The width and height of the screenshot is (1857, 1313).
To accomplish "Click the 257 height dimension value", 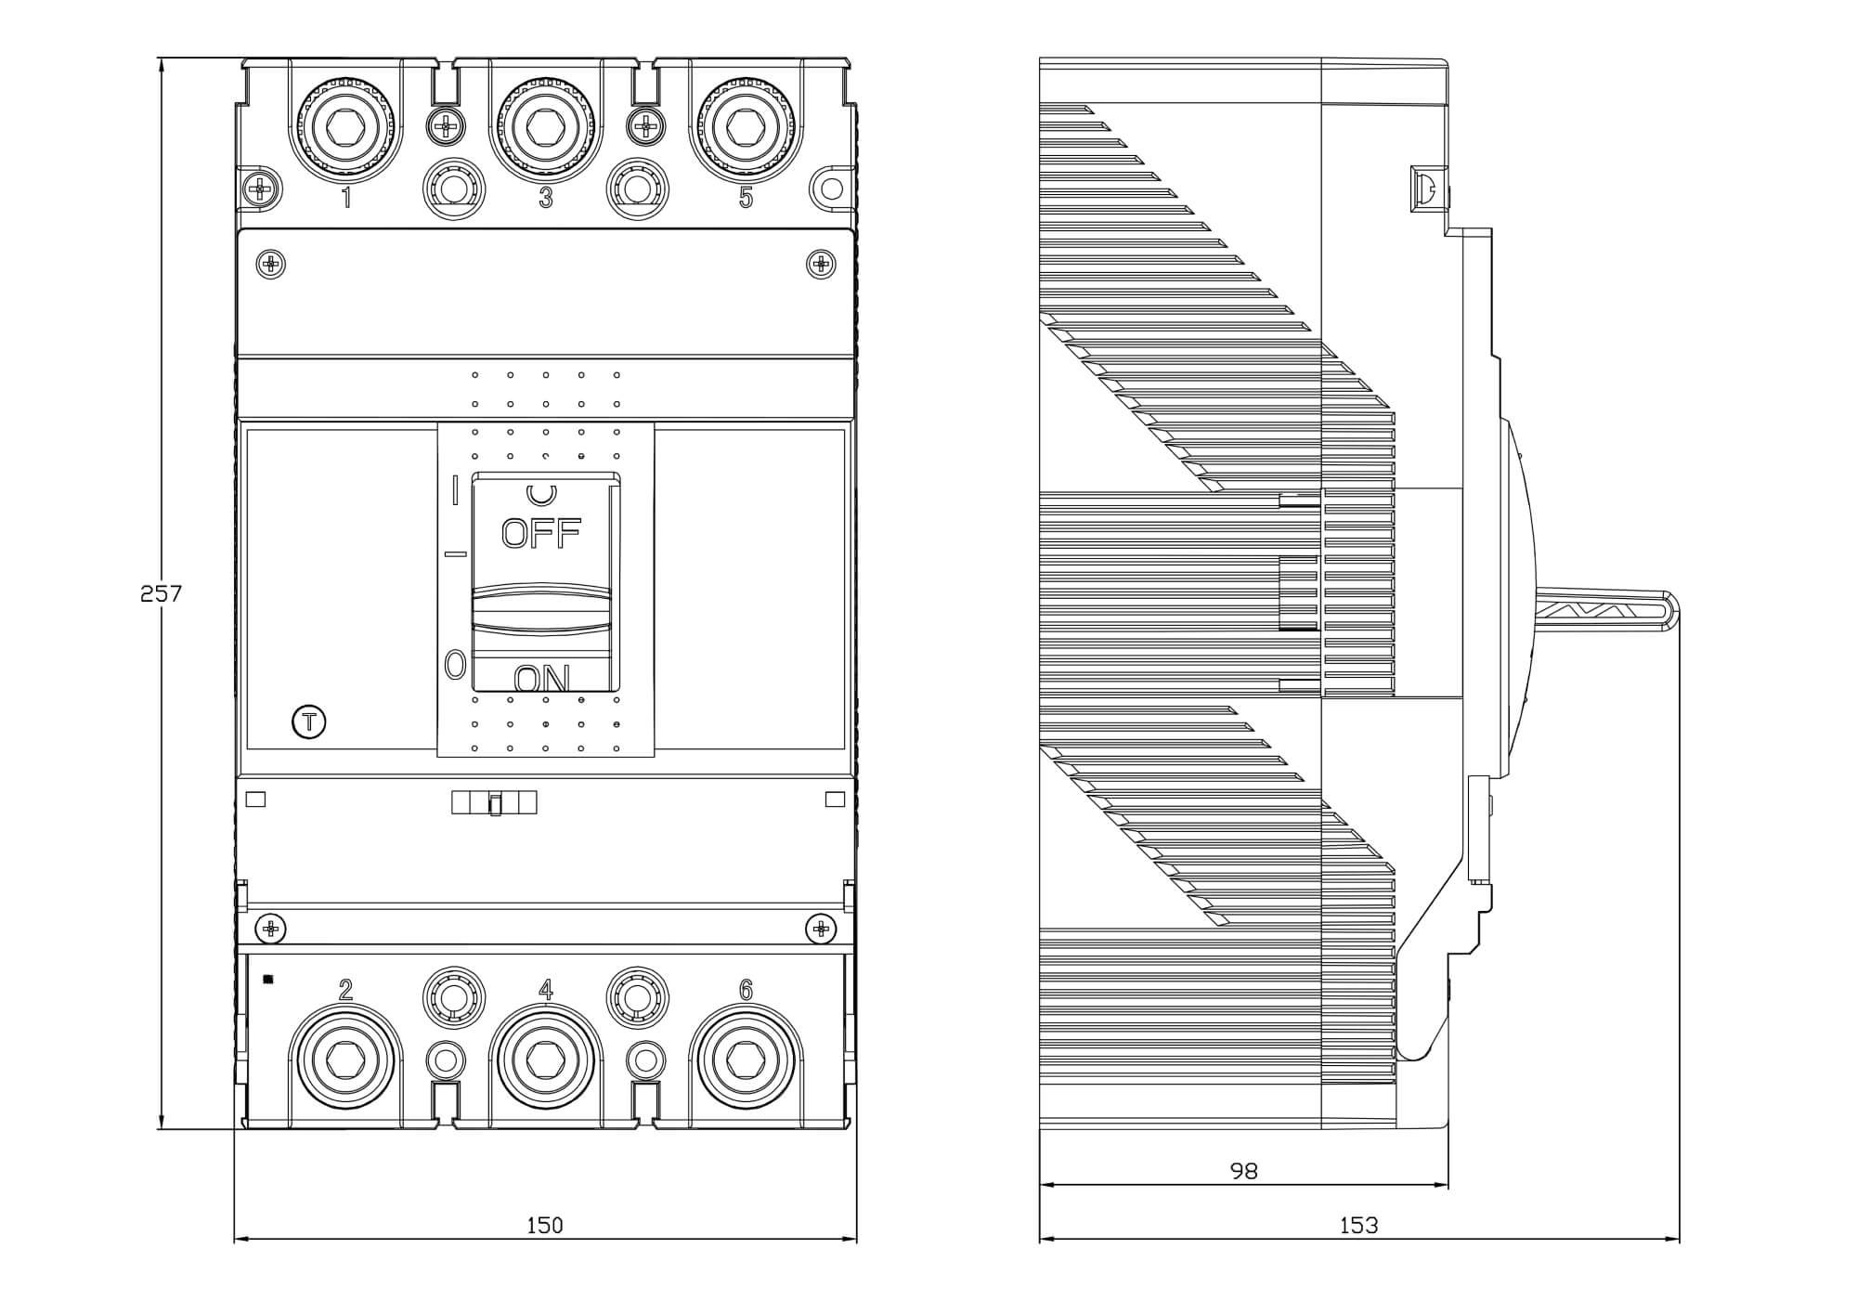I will pyautogui.click(x=161, y=593).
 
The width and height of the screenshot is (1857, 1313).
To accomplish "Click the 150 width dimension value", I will pyautogui.click(x=545, y=1226).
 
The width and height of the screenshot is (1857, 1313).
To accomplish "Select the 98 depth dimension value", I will pyautogui.click(x=1243, y=1172).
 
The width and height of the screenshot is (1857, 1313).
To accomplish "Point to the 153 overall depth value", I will pyautogui.click(x=1358, y=1226).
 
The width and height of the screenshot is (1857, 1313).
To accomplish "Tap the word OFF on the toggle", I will pyautogui.click(x=541, y=533).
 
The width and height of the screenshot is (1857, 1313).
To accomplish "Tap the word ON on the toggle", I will pyautogui.click(x=542, y=679).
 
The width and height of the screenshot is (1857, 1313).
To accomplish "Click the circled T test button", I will pyautogui.click(x=309, y=721).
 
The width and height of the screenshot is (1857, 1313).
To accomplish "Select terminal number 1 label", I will pyautogui.click(x=346, y=198).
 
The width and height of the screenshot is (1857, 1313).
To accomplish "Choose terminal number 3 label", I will pyautogui.click(x=546, y=198).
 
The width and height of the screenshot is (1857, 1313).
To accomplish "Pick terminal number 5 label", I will pyautogui.click(x=746, y=198).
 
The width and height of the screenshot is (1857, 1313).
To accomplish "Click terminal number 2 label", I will pyautogui.click(x=345, y=991).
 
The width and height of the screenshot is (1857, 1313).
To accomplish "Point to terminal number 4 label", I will pyautogui.click(x=546, y=991).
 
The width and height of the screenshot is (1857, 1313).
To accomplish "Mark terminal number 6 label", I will pyautogui.click(x=746, y=991).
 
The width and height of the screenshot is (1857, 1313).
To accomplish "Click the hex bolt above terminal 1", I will pyautogui.click(x=346, y=124).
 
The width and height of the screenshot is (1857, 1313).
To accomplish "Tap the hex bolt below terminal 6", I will pyautogui.click(x=746, y=1059).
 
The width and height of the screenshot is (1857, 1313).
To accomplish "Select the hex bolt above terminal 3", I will pyautogui.click(x=546, y=124).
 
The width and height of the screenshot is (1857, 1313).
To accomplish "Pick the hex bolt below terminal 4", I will pyautogui.click(x=546, y=1059).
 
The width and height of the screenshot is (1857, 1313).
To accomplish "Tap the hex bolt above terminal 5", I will pyautogui.click(x=746, y=124).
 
